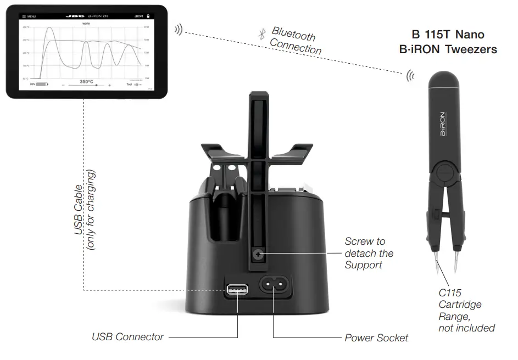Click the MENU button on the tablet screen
[29, 16]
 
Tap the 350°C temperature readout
[87, 81]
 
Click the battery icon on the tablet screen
[42, 85]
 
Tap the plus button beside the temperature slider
[109, 85]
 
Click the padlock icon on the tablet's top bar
[148, 16]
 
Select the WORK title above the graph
[86, 24]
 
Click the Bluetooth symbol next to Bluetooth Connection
[262, 33]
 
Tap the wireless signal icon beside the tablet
[178, 29]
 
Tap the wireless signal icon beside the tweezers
[410, 76]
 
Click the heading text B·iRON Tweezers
[448, 49]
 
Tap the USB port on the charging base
[236, 289]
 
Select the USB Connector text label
[127, 336]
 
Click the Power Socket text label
[376, 338]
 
